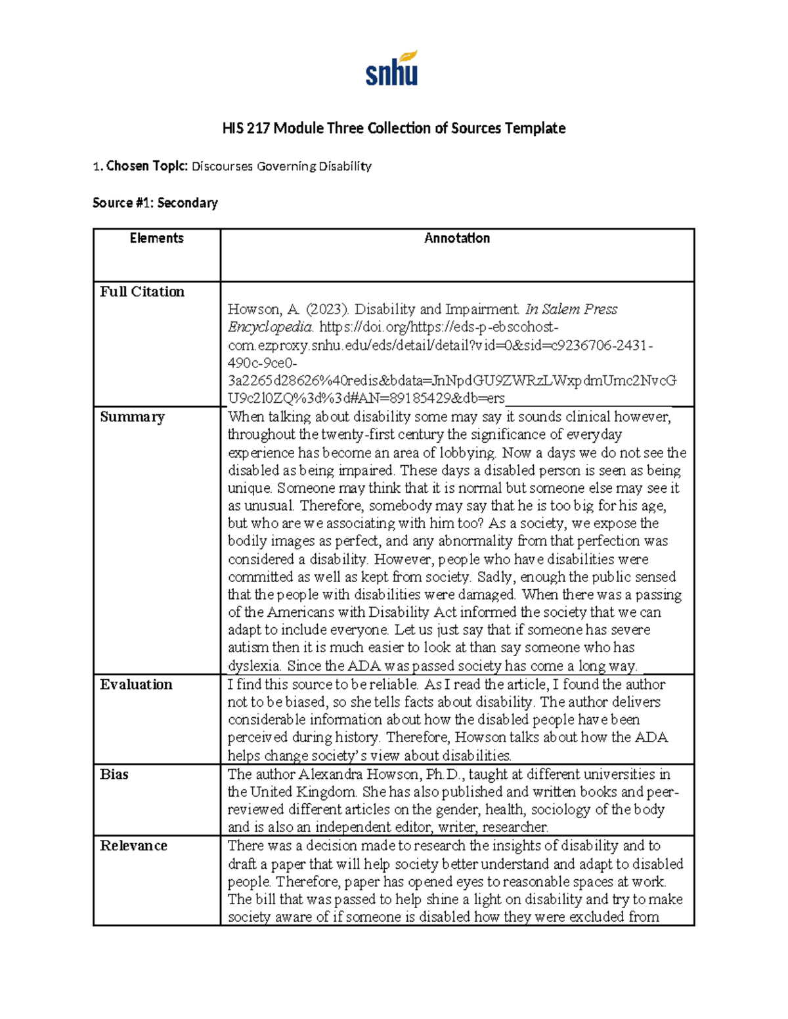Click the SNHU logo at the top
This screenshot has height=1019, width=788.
(392, 70)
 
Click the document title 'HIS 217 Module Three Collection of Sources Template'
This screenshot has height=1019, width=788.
(393, 128)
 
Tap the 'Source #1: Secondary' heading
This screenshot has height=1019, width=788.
(155, 203)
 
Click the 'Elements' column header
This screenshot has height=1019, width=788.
(156, 238)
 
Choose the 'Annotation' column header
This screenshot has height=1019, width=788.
(457, 238)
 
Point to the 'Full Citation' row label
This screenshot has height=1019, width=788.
(142, 292)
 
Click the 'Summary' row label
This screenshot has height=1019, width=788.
(132, 417)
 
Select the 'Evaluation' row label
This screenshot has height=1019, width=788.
(136, 684)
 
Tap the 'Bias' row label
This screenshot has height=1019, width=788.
(114, 774)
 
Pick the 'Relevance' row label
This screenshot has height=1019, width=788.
(133, 846)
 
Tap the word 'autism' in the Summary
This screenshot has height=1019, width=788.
(248, 648)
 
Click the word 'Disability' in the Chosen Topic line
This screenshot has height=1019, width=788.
(345, 166)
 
